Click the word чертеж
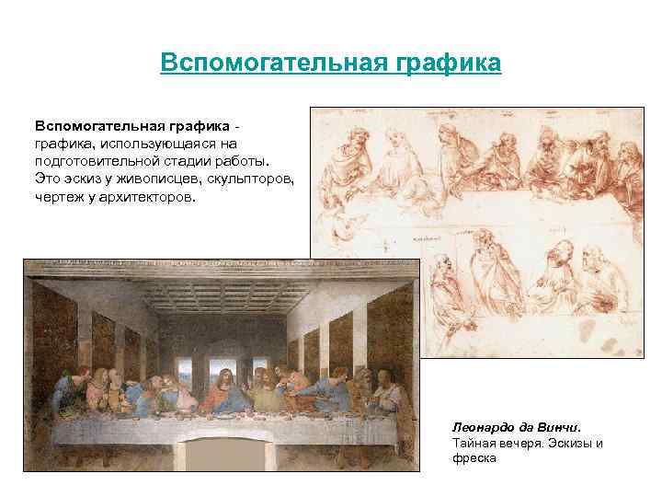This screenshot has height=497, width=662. [x=59, y=193]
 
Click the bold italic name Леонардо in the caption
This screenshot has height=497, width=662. [x=484, y=427]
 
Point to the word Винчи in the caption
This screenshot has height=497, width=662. [x=560, y=427]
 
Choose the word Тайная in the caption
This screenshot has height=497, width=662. [x=473, y=443]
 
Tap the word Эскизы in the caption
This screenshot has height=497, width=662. [x=572, y=443]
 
